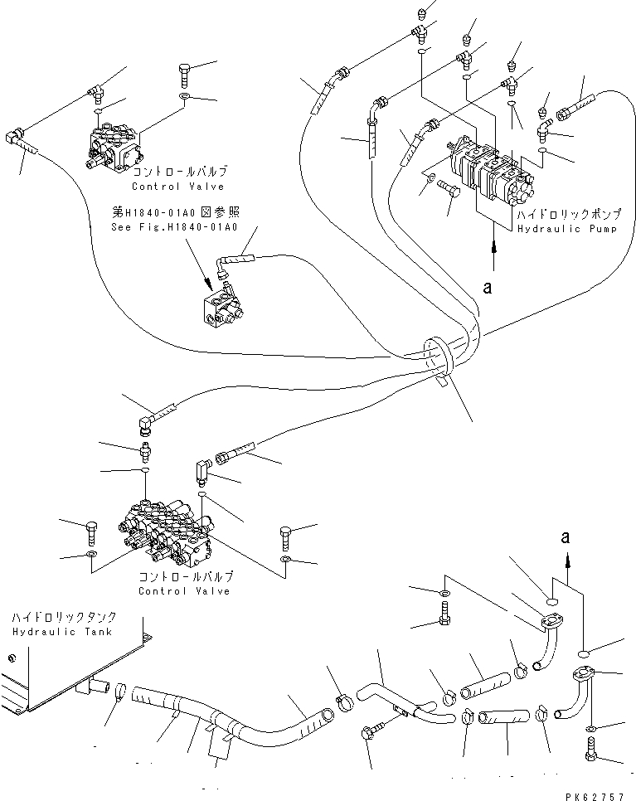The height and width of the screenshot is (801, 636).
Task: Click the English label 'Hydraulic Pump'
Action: click(x=567, y=228)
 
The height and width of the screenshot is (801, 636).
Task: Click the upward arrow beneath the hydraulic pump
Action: click(x=495, y=254)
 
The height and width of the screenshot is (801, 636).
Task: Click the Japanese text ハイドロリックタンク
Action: click(x=64, y=619)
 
